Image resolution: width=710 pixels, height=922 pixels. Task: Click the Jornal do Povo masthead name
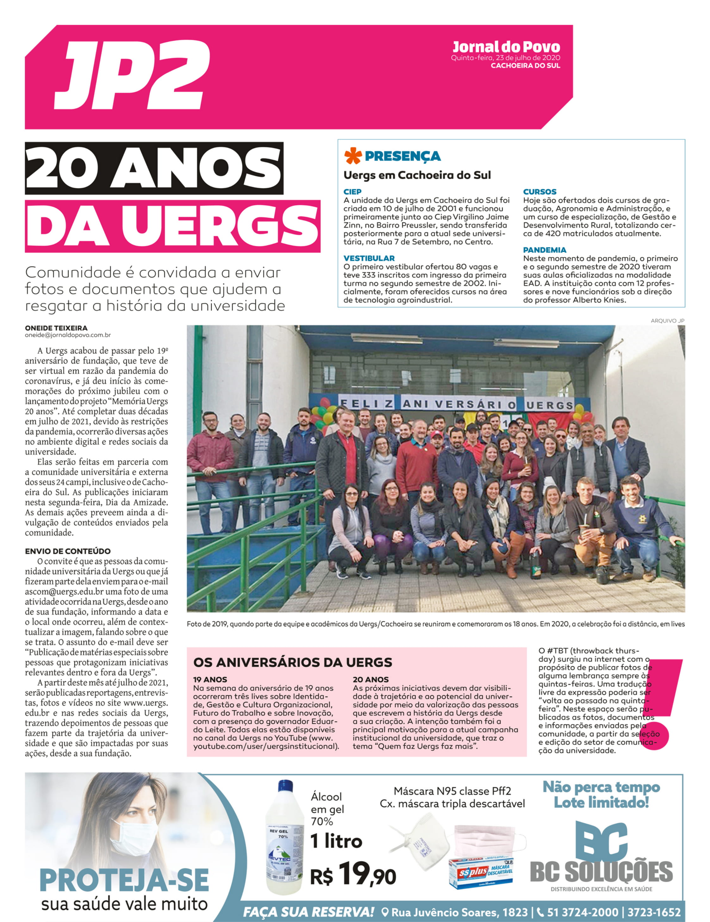(506, 47)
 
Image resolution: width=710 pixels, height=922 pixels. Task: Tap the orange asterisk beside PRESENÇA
(353, 156)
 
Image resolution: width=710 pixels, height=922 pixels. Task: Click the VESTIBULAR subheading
(369, 258)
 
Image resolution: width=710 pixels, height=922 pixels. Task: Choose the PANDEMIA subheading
(545, 250)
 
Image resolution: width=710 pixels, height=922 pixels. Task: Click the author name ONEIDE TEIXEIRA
(56, 328)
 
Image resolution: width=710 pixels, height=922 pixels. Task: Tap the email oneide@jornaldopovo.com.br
(67, 335)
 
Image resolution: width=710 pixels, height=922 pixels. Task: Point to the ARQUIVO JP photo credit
(667, 321)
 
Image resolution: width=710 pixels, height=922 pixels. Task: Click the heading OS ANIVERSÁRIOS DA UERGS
(293, 662)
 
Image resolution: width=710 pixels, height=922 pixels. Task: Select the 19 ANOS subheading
(210, 680)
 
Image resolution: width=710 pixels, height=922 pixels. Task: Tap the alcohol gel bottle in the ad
(284, 838)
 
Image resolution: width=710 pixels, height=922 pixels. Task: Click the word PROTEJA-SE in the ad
(124, 880)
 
